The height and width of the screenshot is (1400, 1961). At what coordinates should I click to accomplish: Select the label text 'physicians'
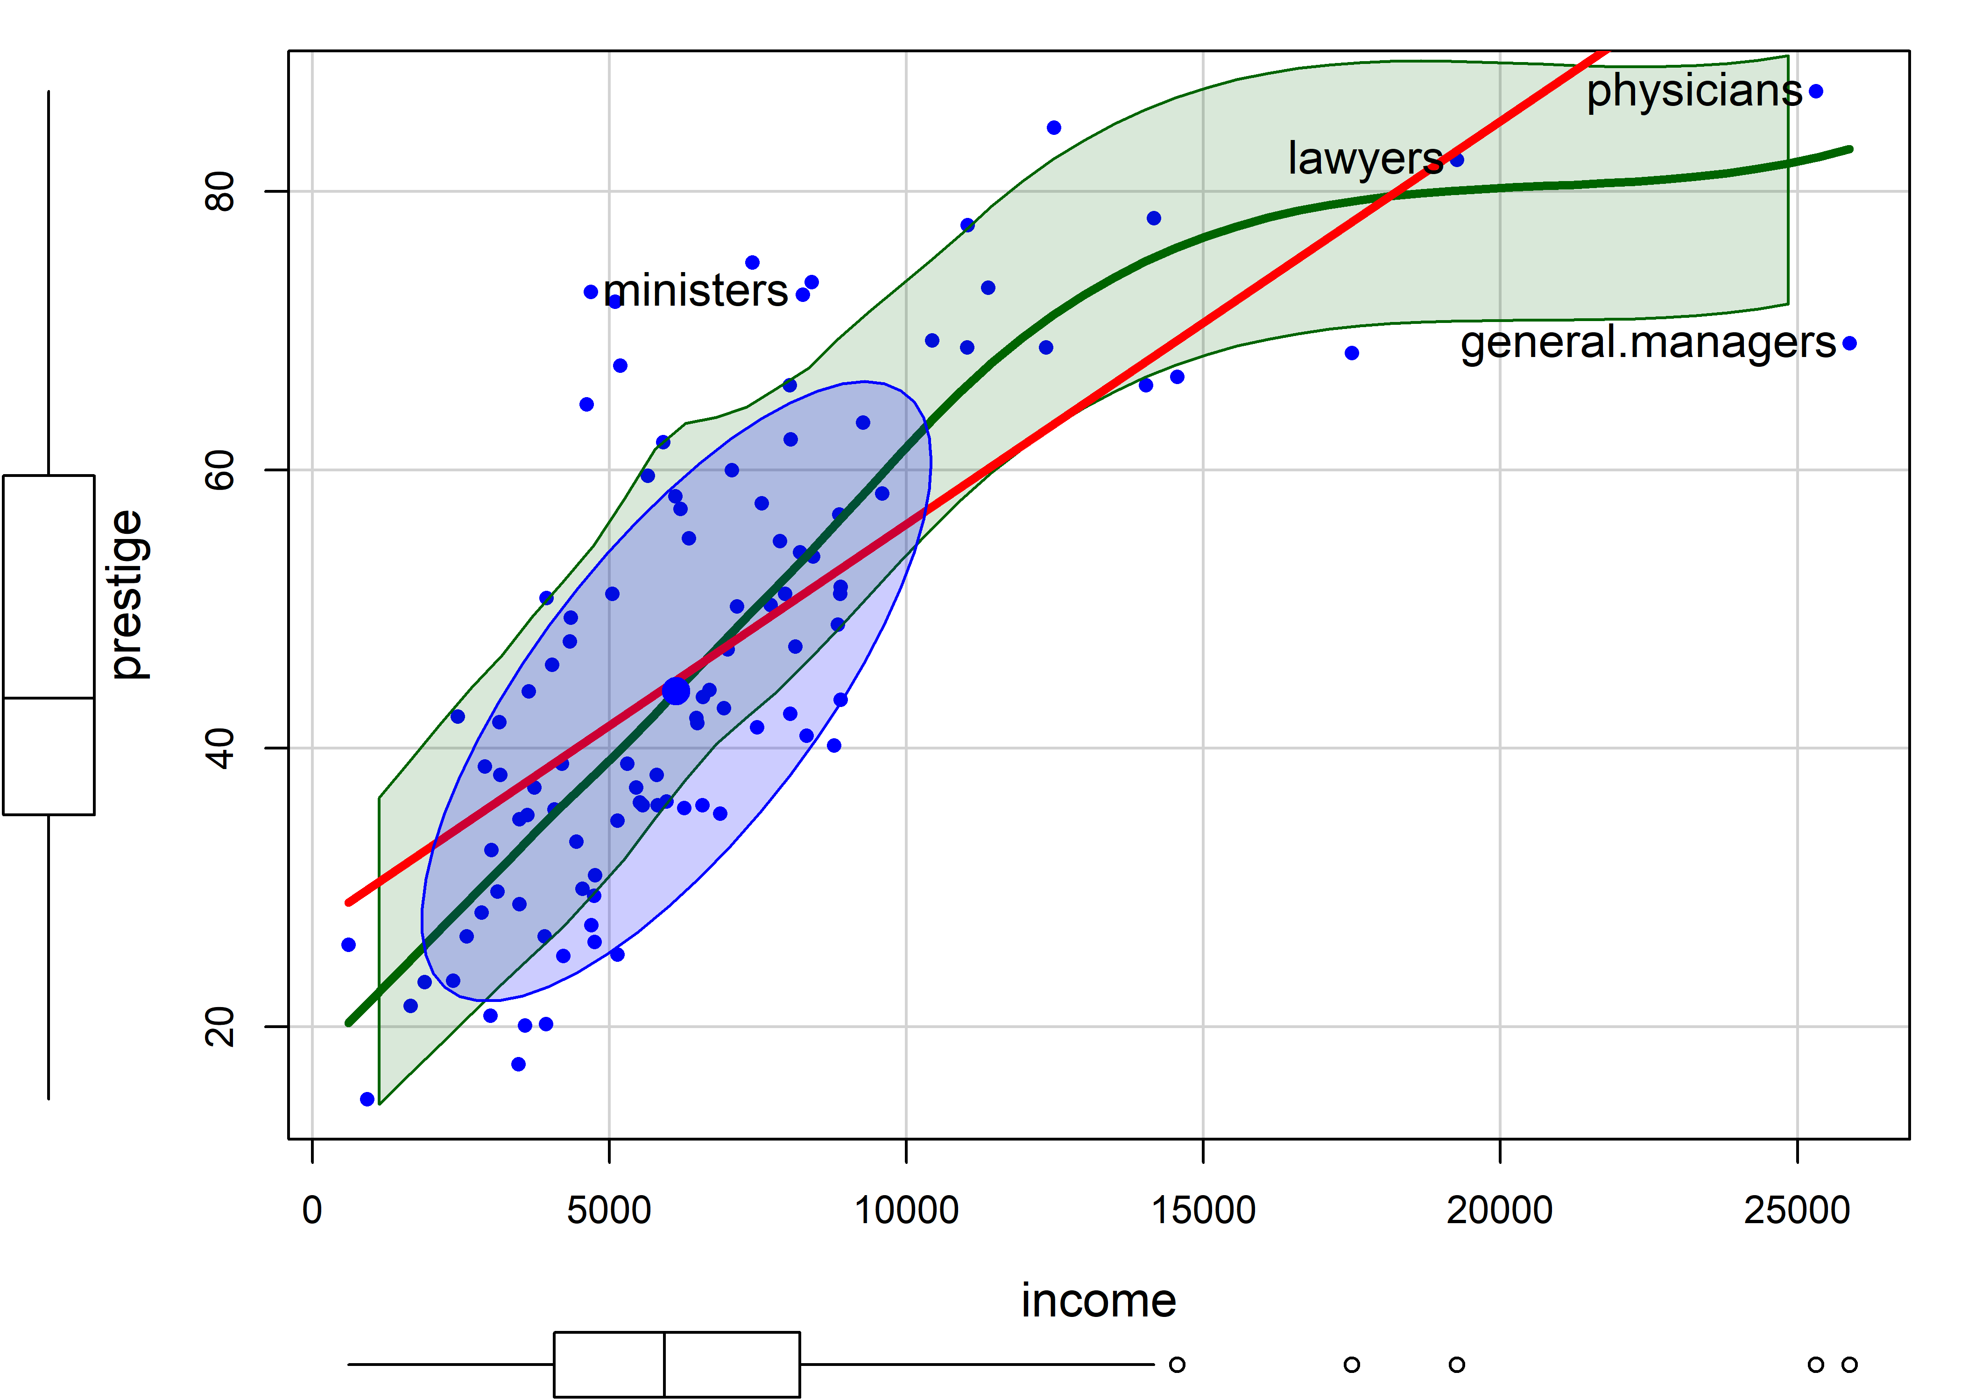[x=1693, y=91]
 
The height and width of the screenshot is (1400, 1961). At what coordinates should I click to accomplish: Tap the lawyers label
[x=1364, y=159]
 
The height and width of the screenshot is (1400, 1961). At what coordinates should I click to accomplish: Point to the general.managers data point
[x=1849, y=343]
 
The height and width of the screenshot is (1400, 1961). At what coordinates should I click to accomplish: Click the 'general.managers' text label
[x=1647, y=343]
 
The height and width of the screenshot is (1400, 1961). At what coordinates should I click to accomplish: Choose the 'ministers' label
[x=695, y=291]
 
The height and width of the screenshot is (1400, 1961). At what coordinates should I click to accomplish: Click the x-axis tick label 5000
[x=609, y=1211]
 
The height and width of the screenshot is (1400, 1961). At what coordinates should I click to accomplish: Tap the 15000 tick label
[x=1203, y=1211]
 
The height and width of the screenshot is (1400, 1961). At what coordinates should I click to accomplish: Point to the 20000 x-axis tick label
[x=1500, y=1211]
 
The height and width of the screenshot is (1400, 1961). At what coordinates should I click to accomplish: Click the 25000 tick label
[x=1796, y=1211]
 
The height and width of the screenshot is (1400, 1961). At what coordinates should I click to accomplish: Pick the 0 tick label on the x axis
[x=312, y=1211]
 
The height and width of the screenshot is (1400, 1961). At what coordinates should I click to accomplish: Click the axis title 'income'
[x=1098, y=1300]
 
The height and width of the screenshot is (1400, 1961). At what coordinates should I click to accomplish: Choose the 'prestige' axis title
[x=127, y=595]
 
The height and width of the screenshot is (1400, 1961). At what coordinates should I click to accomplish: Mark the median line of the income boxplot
[x=664, y=1364]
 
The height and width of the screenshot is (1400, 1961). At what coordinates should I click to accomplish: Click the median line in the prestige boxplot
[x=48, y=697]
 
